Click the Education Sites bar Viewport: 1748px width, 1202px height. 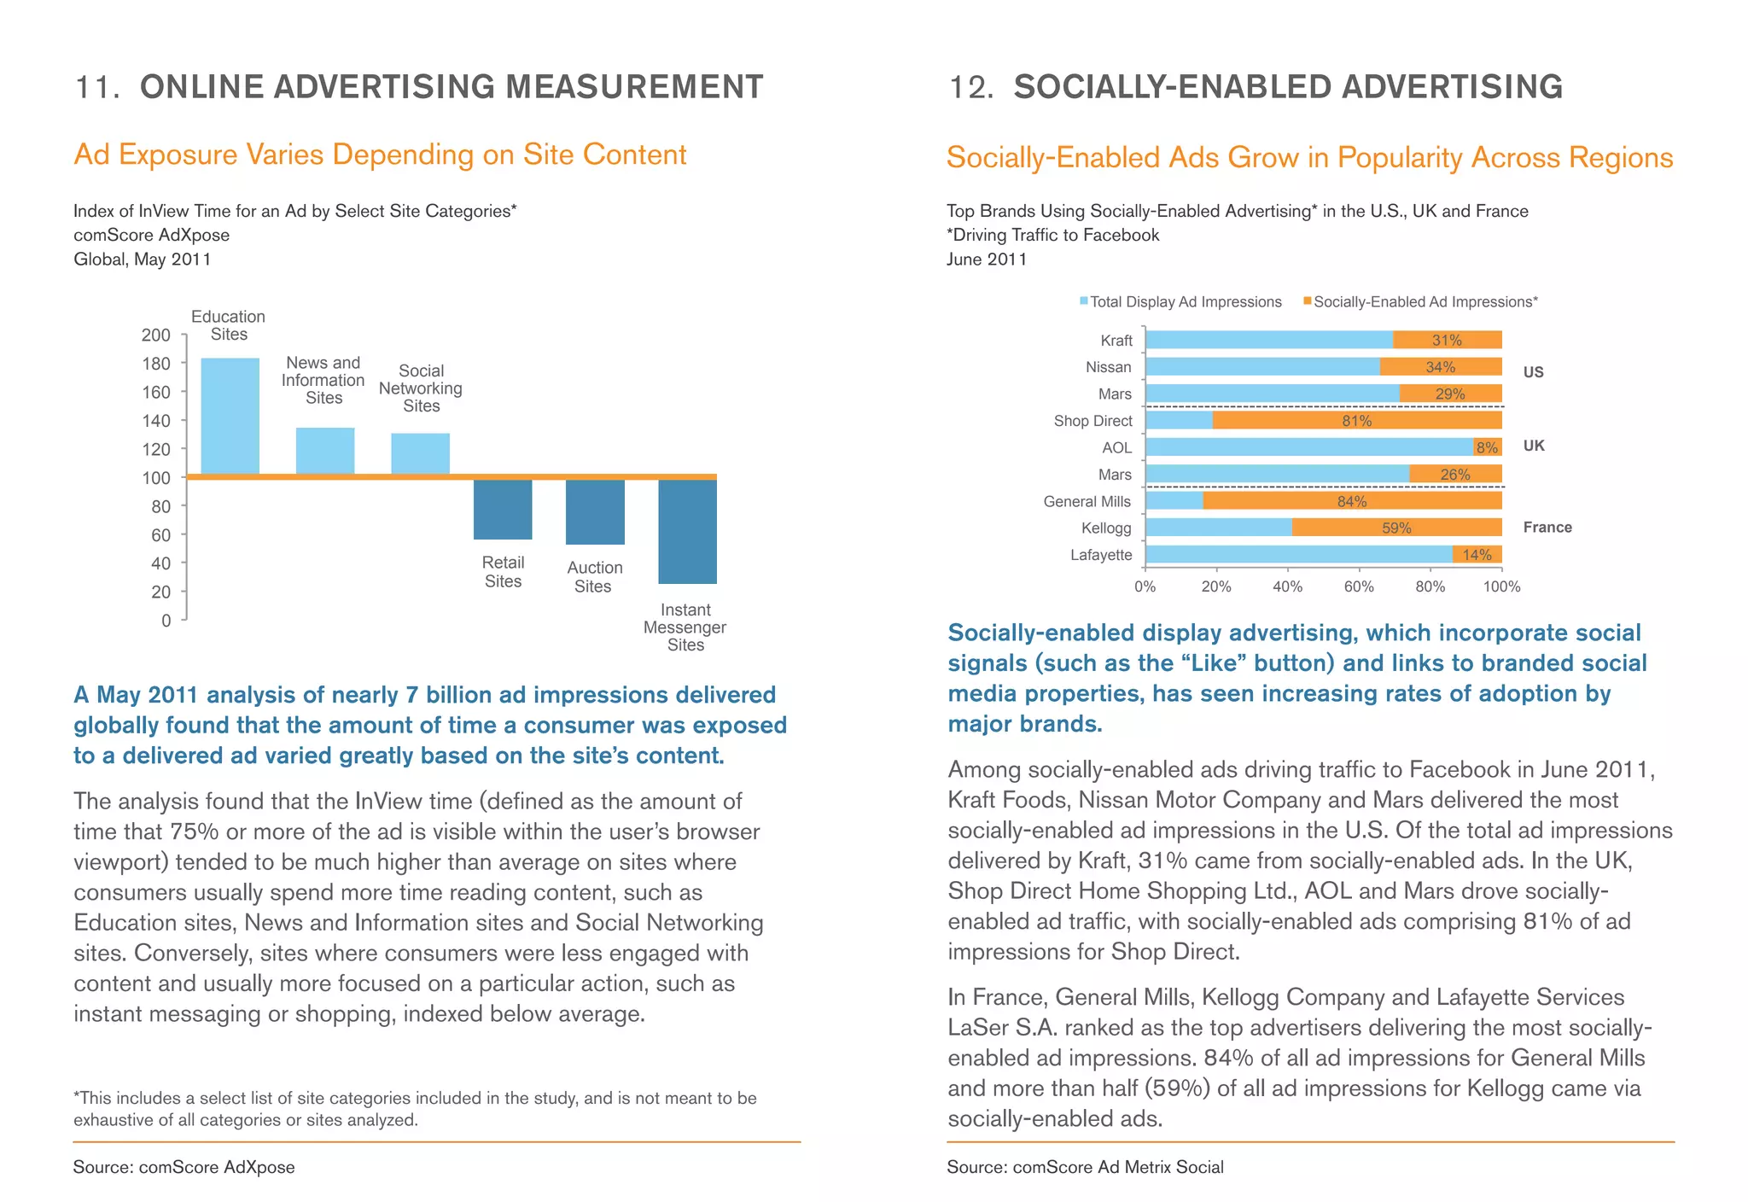coord(230,416)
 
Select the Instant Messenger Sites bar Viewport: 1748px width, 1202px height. coord(687,531)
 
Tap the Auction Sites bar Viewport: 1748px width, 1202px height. coord(595,511)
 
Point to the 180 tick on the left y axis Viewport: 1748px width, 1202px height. coord(156,364)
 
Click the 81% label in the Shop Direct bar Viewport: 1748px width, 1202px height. coord(1356,421)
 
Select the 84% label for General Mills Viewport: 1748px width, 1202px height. coord(1351,501)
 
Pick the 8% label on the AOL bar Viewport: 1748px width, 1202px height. coord(1487,447)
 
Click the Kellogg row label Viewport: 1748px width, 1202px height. coord(1106,528)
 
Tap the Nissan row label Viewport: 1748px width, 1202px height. coord(1108,367)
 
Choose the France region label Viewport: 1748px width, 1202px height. coord(1547,528)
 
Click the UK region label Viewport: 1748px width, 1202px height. coord(1534,446)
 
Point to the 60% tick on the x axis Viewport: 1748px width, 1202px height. coord(1359,587)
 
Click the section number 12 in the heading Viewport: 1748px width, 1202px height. coord(970,88)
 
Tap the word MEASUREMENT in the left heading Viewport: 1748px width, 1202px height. coord(634,88)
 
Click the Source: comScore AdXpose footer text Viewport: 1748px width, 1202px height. coord(184,1167)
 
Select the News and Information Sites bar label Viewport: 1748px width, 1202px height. coord(323,381)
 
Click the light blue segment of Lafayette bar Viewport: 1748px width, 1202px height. coord(1297,555)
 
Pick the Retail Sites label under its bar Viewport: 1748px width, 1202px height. coord(503,572)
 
